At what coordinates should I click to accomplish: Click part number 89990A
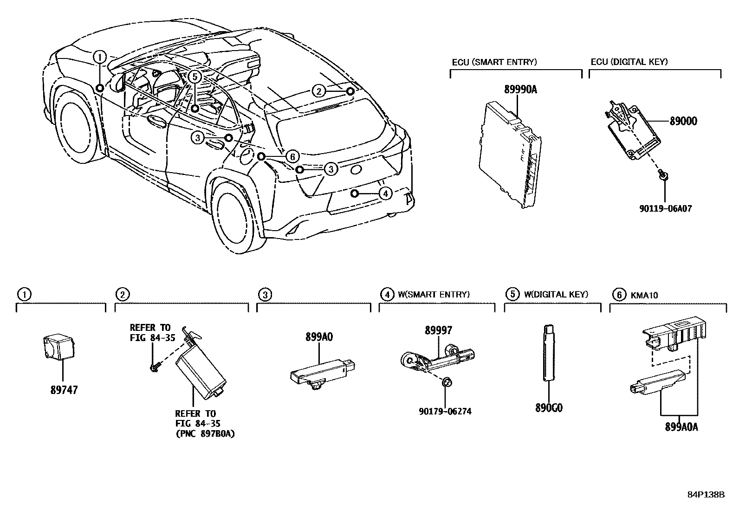pos(520,90)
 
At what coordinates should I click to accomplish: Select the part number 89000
pos(683,122)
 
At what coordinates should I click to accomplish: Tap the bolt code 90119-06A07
pos(665,209)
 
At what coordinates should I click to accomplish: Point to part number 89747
pos(64,390)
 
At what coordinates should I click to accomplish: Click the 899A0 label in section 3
pos(319,337)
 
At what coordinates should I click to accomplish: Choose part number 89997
pos(438,330)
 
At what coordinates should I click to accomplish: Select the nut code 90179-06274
pos(445,411)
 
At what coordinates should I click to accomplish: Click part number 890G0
pos(549,408)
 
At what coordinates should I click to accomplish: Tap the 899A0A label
pos(681,427)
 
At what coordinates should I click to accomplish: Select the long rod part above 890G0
pos(548,353)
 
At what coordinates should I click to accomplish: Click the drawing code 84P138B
pos(706,495)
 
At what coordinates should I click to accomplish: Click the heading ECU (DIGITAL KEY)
pos(629,62)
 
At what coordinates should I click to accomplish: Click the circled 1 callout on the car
pos(99,57)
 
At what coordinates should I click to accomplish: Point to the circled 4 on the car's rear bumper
pos(385,193)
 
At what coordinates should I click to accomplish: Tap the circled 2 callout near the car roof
pos(318,91)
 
